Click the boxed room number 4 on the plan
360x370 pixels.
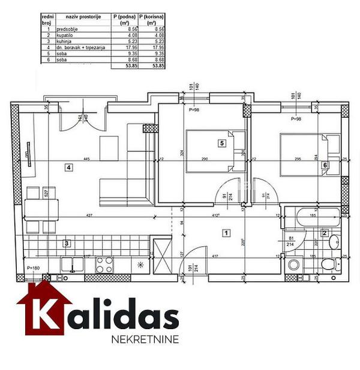point(69,168)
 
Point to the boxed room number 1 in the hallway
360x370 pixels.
point(226,232)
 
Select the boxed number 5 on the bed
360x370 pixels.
point(221,144)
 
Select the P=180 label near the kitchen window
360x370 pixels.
point(34,268)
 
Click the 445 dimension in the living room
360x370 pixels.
point(87,159)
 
